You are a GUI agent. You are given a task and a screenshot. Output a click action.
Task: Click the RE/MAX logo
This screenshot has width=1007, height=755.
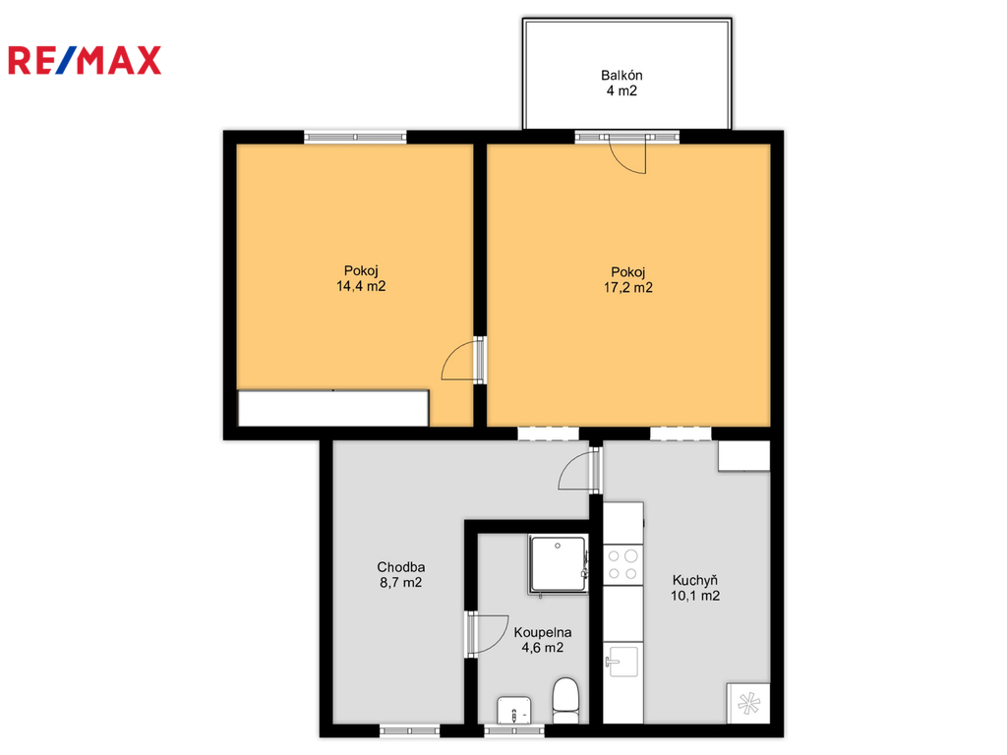[x=85, y=60]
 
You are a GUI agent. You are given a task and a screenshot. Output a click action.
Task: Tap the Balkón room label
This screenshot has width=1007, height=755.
[x=622, y=75]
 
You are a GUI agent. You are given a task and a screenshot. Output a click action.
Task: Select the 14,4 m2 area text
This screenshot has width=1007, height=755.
[x=361, y=286]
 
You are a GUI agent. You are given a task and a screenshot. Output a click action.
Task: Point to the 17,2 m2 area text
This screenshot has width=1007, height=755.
[x=628, y=288]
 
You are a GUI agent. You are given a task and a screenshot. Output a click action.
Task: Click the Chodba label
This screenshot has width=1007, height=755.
[x=401, y=567]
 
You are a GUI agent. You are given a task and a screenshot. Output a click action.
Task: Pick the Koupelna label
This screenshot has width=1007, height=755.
[x=543, y=633]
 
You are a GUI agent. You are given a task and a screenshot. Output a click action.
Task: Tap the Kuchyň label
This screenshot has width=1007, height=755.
[x=695, y=581]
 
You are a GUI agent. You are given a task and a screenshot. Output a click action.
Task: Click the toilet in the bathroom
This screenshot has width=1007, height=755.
[x=565, y=700]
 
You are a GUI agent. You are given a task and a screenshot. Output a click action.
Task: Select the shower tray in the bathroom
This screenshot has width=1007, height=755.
[x=558, y=564]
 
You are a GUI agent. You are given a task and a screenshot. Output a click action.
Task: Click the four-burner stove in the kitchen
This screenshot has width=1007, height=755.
[x=622, y=565]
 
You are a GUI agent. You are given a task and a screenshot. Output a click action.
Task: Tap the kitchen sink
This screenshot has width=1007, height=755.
[x=622, y=662]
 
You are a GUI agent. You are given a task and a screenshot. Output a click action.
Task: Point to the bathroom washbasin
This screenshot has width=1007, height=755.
[x=513, y=711]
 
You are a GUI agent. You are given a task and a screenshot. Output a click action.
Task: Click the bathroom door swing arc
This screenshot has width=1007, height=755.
[x=488, y=634]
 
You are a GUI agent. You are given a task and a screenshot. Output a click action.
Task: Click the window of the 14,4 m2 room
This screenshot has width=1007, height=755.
[x=355, y=137]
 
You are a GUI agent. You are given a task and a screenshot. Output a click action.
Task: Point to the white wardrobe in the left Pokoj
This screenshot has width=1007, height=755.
[x=333, y=408]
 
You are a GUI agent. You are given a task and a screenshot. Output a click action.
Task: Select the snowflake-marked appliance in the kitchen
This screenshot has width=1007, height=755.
[x=748, y=704]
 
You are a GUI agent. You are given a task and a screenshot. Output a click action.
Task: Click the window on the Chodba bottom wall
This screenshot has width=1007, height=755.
[x=410, y=730]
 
